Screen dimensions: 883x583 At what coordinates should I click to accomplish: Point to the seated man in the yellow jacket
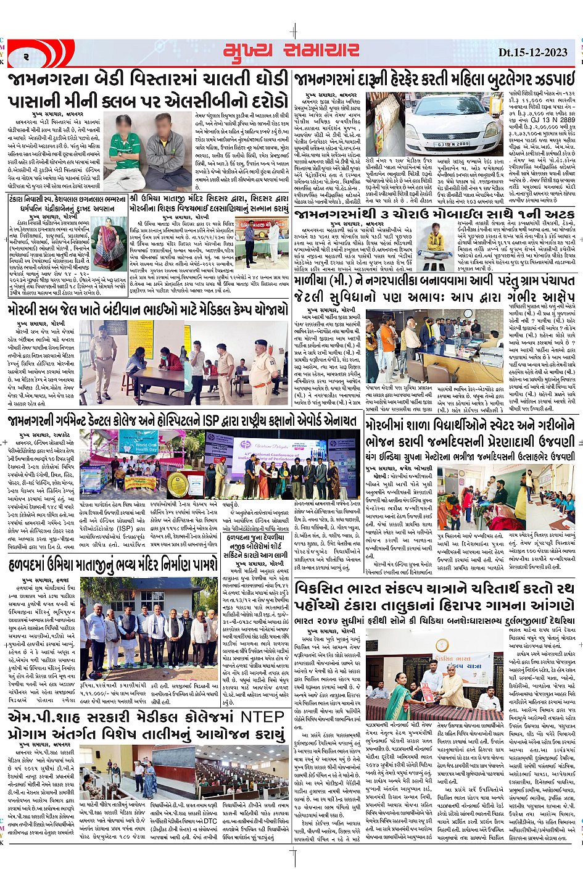437,233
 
